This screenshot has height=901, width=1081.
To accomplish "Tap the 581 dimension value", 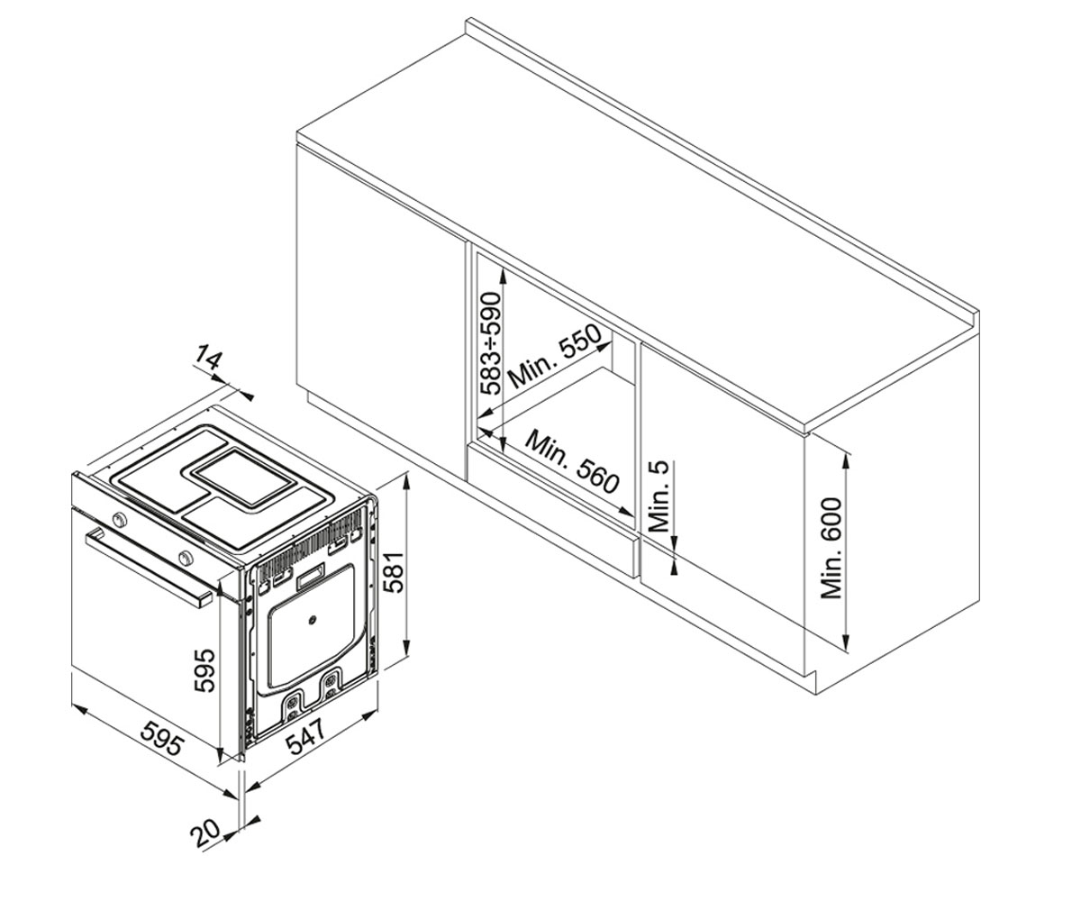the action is tap(395, 572).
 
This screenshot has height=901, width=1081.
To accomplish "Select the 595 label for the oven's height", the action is tap(204, 670).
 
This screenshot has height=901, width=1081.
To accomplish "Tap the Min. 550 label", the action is tap(556, 357).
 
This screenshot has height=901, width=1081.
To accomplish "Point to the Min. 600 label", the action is tap(831, 549).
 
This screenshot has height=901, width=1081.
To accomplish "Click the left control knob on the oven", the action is tap(119, 518).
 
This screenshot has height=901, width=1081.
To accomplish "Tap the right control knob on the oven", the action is tap(185, 557).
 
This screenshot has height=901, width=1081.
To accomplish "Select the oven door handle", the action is tap(149, 567).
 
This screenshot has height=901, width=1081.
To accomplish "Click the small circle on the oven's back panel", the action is tap(312, 619).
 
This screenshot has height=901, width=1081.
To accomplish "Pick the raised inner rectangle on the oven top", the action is tap(244, 476).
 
